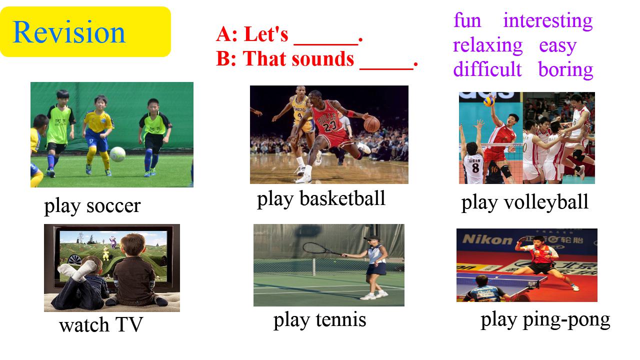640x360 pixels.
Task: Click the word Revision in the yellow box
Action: point(69,32)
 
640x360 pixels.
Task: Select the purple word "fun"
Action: point(467,20)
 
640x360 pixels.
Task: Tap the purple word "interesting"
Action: point(547,21)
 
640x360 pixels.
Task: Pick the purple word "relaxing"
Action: point(487,45)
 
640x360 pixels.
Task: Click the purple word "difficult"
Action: point(487,69)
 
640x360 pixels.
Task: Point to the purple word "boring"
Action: point(565,70)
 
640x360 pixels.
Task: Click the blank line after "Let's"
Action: point(326,44)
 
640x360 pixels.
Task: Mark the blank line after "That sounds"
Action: point(386,68)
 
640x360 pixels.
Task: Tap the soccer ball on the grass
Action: point(117,154)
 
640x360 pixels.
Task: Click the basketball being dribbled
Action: point(371,124)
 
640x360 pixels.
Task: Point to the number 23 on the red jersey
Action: point(329,126)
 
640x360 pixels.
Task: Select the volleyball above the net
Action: point(489,101)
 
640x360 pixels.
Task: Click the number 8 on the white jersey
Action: point(475,168)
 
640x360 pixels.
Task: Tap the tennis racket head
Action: point(314,247)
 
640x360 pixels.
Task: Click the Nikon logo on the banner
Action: point(487,239)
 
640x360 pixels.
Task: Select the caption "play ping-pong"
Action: point(545,320)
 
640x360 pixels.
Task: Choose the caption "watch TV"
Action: point(101,325)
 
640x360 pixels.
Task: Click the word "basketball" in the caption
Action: point(342,198)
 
